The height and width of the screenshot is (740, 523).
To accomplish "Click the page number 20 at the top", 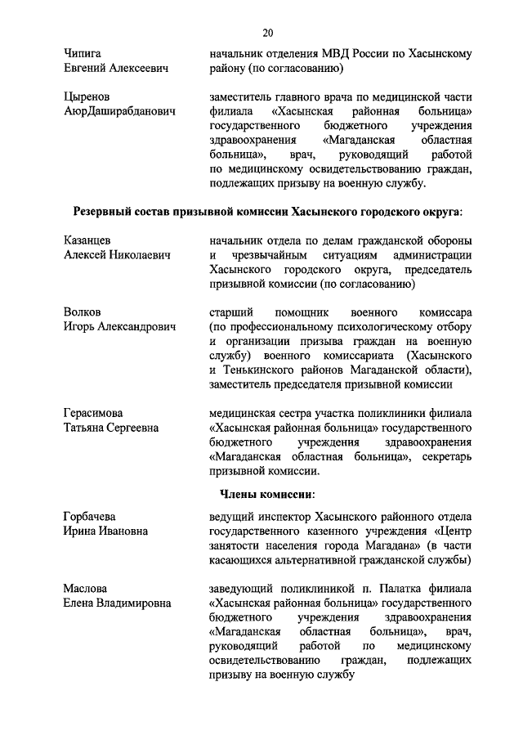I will coord(267,33).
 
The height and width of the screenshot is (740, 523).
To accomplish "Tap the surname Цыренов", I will coord(87,96).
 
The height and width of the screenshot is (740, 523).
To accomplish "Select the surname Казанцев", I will coord(87,241).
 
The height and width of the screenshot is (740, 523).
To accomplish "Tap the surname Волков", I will coord(82,313).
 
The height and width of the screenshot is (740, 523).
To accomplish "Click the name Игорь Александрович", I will coord(120,328).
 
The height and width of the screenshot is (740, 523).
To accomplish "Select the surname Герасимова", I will coord(96,414).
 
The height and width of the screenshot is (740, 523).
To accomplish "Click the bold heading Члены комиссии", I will coord(267,494).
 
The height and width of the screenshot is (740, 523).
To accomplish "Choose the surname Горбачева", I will coord(91,517).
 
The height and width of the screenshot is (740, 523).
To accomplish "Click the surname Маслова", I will coord(85,588).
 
